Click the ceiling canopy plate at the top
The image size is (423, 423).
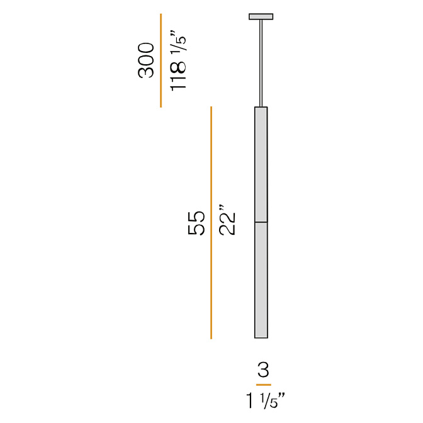click(261, 17)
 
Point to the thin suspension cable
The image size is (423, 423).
click(261, 64)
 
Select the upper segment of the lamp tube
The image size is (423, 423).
click(261, 164)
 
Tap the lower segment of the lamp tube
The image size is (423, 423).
click(261, 280)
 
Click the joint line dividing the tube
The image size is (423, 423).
click(261, 222)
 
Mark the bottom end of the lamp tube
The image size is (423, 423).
click(261, 338)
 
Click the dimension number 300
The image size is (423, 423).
click(146, 60)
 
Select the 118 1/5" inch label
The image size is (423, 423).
click(178, 60)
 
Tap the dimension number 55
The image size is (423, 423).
click(196, 223)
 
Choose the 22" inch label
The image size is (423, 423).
click(227, 220)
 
